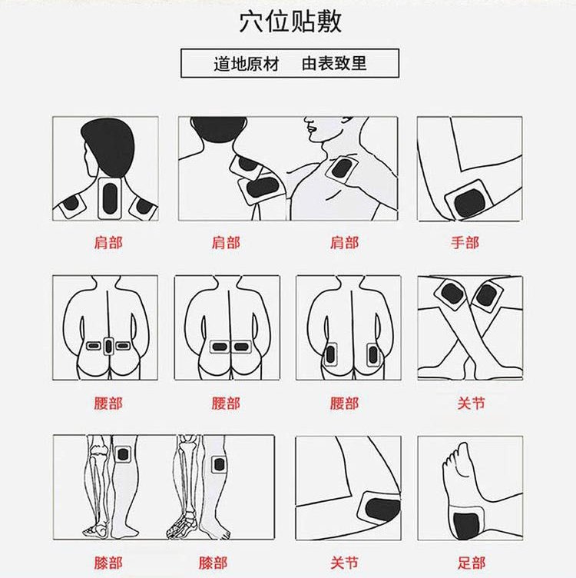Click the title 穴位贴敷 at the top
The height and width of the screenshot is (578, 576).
click(x=290, y=22)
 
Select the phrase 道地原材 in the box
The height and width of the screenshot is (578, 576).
click(x=246, y=63)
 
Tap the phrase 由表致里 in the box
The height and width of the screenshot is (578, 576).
click(x=334, y=63)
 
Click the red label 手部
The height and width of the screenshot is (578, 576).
click(x=465, y=243)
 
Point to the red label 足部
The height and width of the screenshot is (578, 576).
click(x=472, y=563)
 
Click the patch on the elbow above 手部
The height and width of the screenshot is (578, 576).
click(x=468, y=200)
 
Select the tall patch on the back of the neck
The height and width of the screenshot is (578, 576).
click(x=110, y=198)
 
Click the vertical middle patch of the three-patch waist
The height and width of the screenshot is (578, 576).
click(x=108, y=346)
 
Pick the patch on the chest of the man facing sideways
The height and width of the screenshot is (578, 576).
click(x=342, y=169)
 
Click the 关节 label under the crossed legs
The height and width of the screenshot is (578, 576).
click(x=471, y=404)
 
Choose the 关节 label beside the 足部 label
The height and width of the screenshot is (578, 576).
click(x=344, y=563)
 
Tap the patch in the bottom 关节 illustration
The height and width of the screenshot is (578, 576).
click(x=379, y=508)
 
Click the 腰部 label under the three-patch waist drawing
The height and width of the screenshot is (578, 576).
click(x=108, y=404)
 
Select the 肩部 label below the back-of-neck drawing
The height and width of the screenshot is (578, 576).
click(x=108, y=243)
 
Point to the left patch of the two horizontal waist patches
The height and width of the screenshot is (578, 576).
click(x=220, y=347)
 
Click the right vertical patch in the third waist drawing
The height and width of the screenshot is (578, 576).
click(x=373, y=355)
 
